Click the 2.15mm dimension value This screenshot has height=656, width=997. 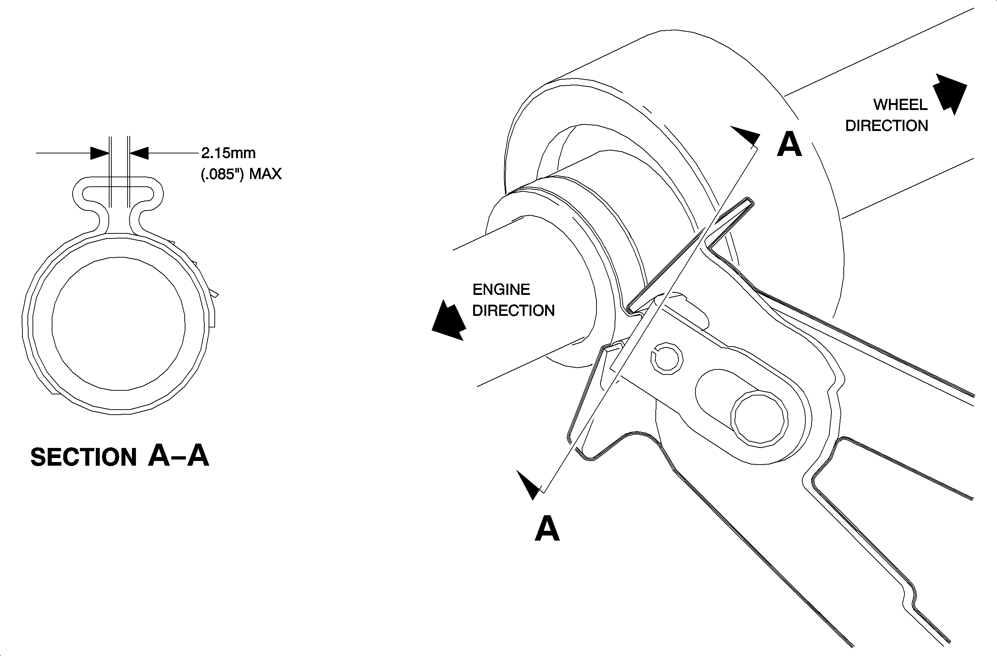pos(228,153)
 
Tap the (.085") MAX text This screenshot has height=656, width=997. pos(241,174)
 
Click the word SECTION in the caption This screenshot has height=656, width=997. pos(84,457)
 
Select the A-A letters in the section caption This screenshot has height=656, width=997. pos(179,455)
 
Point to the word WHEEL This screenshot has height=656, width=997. pos(900,105)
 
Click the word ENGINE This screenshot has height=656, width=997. pos(501,290)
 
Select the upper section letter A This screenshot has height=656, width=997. pos(789,144)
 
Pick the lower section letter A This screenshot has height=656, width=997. pos(547,528)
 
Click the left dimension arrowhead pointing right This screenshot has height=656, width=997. pos(100,153)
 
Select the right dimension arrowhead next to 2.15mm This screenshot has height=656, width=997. pos(139,153)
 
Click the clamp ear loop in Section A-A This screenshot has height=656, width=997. pos(118,195)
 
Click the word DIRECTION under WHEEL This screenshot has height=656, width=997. pos(886,126)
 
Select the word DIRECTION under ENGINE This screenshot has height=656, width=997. pos(514,310)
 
